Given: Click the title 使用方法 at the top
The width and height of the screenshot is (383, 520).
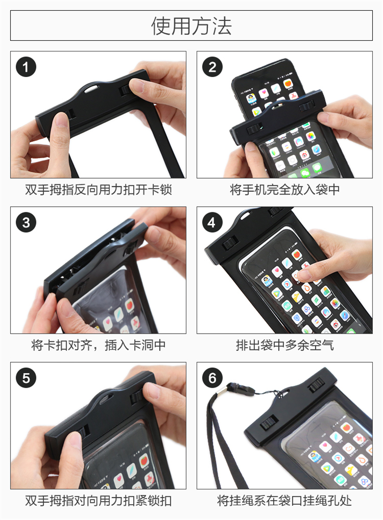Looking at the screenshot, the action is click(191, 26).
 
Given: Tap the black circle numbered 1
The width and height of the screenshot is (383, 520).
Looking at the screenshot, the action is click(26, 67).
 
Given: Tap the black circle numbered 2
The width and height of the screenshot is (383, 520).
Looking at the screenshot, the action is click(212, 67).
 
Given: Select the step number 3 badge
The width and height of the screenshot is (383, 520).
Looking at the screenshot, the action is click(26, 222).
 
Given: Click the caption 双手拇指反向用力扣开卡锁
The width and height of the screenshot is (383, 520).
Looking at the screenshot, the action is click(98, 190).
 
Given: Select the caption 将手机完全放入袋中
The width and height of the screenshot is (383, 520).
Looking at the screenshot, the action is click(285, 190).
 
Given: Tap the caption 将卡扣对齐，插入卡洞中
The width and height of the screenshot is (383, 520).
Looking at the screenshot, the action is click(98, 345).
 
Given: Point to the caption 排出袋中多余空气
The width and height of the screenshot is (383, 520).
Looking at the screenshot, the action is click(285, 345).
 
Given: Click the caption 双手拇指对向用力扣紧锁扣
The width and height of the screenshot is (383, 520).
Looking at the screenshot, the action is click(98, 501).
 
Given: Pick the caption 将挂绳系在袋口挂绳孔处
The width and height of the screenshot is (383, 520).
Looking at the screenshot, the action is click(285, 501).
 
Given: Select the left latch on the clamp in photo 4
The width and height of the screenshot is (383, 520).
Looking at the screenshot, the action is click(230, 243).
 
